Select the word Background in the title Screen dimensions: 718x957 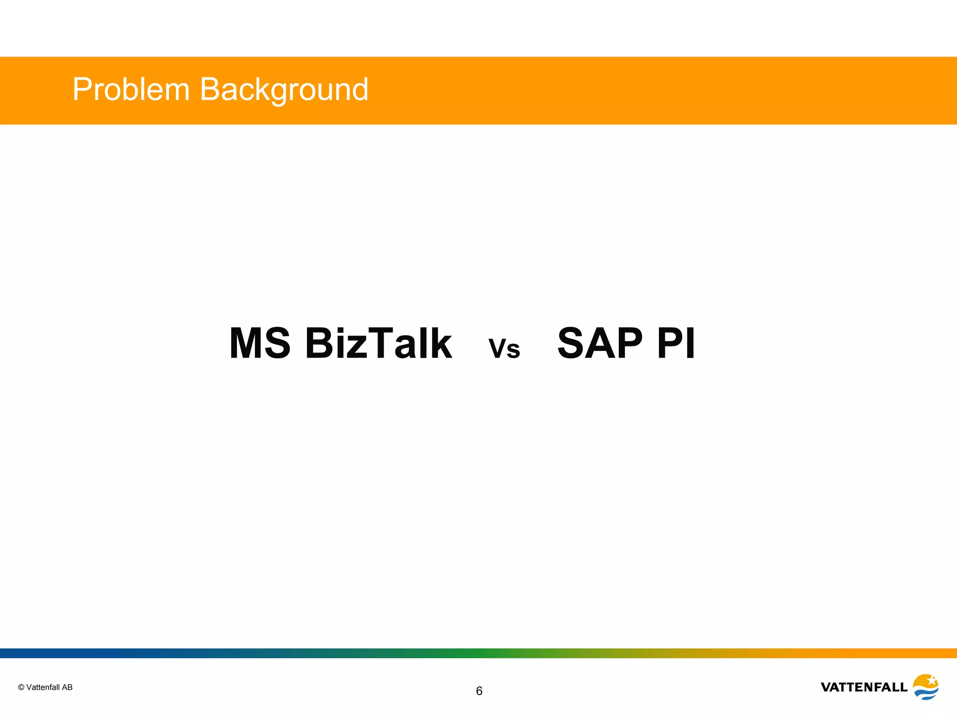pos(284,90)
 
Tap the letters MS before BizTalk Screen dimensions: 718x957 pos(260,344)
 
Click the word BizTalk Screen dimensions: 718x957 pos(379,344)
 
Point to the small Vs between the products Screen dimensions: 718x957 pos(504,349)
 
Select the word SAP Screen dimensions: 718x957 pos(600,344)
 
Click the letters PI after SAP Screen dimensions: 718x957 pos(676,344)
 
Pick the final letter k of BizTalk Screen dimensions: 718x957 pos(440,344)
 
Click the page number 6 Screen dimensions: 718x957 pos(479,691)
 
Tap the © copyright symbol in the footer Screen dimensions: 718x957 pos(21,687)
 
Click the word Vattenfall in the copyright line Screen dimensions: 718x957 pos(43,687)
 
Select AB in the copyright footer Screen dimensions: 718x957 pos(67,687)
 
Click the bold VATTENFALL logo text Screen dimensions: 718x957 pos(864,687)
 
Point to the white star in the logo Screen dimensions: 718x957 pos(931,680)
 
